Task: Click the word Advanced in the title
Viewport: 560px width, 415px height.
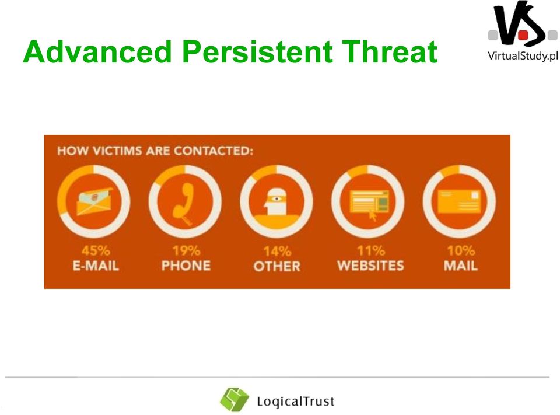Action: click(97, 51)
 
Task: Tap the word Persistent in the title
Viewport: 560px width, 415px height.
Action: click(257, 51)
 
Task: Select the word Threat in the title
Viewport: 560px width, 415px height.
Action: click(390, 51)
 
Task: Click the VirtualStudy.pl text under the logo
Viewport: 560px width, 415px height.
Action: click(523, 56)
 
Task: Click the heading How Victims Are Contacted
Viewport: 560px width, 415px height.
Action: click(155, 151)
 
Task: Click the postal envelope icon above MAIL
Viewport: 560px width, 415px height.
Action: click(459, 202)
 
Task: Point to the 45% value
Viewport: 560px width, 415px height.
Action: click(96, 250)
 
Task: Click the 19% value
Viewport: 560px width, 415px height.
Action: click(186, 250)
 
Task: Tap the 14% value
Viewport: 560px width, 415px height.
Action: click(277, 252)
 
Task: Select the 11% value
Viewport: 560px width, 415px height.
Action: click(371, 250)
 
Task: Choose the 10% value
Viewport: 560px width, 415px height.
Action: click(461, 250)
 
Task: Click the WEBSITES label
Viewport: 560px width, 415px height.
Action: click(371, 266)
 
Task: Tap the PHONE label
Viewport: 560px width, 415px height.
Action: click(186, 266)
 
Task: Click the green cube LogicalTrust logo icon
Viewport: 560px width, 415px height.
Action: click(235, 399)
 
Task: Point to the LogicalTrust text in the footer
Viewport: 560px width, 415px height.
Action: click(296, 402)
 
